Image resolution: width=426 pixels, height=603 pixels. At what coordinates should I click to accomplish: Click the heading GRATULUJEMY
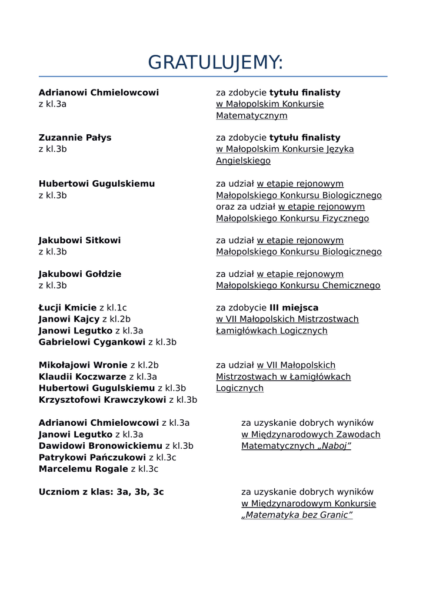pyautogui.click(x=215, y=62)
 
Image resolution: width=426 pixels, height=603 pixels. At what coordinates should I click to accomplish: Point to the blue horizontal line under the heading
pyautogui.click(x=213, y=77)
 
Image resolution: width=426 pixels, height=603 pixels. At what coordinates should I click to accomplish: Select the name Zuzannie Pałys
pyautogui.click(x=75, y=138)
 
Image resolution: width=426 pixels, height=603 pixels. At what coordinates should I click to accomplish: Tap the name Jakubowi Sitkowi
pyautogui.click(x=79, y=240)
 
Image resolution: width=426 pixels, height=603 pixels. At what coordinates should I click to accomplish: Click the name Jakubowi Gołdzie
pyautogui.click(x=80, y=274)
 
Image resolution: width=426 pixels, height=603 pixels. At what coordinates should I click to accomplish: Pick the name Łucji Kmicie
pyautogui.click(x=67, y=307)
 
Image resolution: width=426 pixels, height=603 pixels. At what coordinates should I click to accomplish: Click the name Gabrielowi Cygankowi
pyautogui.click(x=92, y=342)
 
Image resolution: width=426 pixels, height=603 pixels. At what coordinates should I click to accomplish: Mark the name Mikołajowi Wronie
pyautogui.click(x=83, y=365)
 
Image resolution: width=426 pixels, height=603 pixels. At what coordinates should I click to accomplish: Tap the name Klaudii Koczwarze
pyautogui.click(x=82, y=377)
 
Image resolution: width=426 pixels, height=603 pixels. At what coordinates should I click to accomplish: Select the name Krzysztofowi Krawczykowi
pyautogui.click(x=102, y=400)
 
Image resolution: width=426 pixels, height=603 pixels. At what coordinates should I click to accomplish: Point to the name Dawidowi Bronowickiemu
pyautogui.click(x=100, y=446)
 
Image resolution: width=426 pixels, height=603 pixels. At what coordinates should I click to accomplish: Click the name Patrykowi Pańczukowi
pyautogui.click(x=92, y=458)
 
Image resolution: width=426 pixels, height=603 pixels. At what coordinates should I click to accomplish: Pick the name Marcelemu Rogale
pyautogui.click(x=83, y=469)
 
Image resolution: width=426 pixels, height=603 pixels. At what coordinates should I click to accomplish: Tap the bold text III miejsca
pyautogui.click(x=294, y=307)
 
